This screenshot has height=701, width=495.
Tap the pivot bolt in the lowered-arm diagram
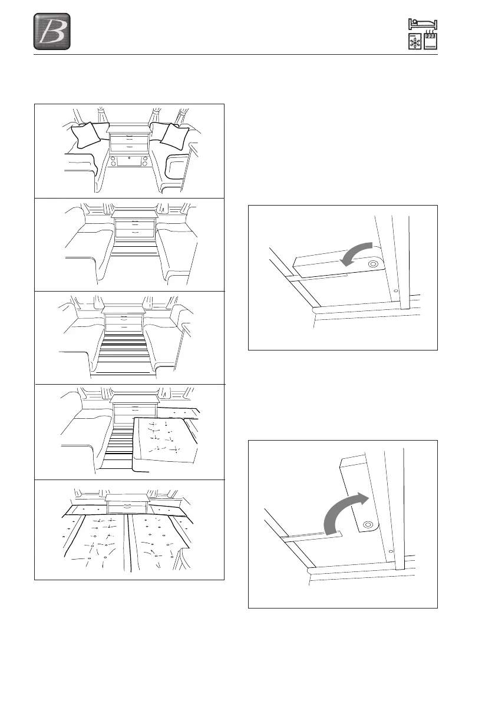[373, 266]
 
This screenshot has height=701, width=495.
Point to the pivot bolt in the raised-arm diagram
[368, 523]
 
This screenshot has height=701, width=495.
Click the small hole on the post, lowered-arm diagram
[397, 291]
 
